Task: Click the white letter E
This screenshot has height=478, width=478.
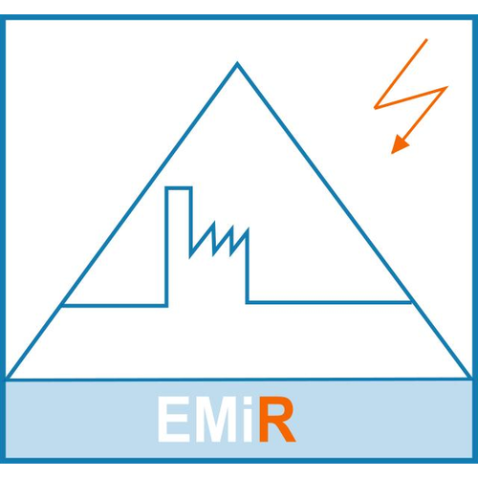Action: (174, 420)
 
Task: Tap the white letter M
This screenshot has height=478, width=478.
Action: (217, 420)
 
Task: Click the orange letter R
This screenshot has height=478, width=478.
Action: (277, 420)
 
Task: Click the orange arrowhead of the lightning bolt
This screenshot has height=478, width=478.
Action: (399, 144)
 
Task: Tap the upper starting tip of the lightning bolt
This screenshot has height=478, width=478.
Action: (426, 40)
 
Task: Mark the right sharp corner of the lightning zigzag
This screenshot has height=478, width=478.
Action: (446, 87)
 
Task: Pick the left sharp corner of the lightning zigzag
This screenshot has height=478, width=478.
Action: (376, 108)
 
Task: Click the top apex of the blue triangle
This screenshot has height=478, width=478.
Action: (237, 63)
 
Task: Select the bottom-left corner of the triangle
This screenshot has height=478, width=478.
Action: (8, 379)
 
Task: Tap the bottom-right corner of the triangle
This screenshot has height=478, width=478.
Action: (470, 378)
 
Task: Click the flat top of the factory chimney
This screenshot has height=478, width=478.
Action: (179, 188)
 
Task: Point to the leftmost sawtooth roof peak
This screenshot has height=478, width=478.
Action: (214, 223)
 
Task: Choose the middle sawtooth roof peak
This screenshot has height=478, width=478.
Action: (232, 227)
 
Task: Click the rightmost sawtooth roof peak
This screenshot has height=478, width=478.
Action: (248, 228)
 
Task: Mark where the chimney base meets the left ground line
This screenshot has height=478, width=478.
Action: (166, 306)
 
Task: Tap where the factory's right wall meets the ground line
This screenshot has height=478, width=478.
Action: (248, 302)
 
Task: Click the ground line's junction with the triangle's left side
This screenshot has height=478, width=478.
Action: (62, 306)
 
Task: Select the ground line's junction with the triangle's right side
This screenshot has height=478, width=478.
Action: (410, 302)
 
